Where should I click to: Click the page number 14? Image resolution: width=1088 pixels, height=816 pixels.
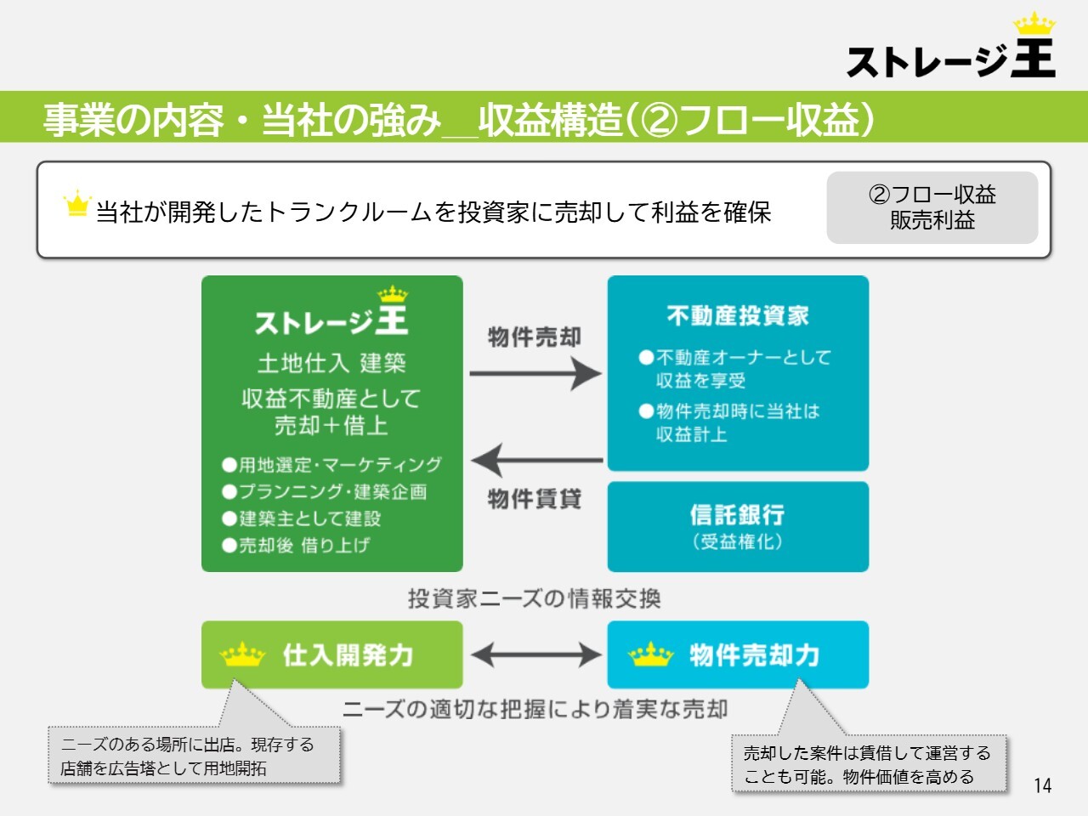click(1042, 785)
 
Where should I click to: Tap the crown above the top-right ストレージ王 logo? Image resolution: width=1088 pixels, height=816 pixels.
click(1034, 23)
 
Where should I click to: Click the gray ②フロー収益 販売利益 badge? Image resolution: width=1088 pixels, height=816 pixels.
click(932, 207)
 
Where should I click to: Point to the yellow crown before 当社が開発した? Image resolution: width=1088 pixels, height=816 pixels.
click(77, 203)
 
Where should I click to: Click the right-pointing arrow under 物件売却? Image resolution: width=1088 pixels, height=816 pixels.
click(535, 373)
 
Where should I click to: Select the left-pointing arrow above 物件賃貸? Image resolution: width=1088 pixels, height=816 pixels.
click(537, 460)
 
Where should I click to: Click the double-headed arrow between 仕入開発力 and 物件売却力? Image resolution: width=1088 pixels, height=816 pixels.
click(535, 655)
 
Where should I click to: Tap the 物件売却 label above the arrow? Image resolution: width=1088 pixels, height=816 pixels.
click(535, 337)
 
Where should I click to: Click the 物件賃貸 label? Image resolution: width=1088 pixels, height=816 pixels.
click(535, 498)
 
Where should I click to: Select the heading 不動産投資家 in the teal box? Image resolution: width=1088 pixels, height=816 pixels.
click(738, 315)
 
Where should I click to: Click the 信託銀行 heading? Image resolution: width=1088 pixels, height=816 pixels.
click(738, 514)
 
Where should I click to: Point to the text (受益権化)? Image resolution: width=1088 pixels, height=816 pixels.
click(738, 541)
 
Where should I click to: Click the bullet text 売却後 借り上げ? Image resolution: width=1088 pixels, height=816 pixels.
click(296, 546)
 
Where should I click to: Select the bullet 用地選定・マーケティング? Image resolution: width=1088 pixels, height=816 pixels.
click(331, 465)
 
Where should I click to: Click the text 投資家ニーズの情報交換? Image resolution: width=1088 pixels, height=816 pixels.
click(535, 598)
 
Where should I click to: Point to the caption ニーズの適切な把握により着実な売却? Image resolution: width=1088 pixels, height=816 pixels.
click(535, 709)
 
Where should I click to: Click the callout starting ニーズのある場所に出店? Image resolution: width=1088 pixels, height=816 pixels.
click(195, 755)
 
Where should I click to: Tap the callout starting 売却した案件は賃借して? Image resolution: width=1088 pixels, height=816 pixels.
click(869, 764)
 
